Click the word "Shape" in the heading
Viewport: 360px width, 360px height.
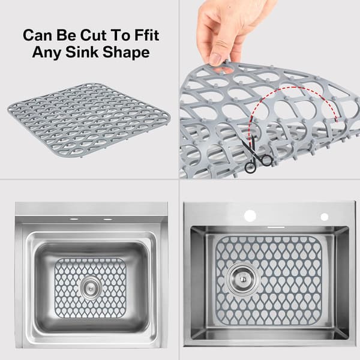[126, 52]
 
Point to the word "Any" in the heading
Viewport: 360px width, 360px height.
[47, 53]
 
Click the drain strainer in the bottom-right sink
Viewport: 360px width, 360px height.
[242, 279]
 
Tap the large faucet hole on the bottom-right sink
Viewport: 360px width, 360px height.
[250, 216]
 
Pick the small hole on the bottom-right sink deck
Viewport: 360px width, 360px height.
[324, 217]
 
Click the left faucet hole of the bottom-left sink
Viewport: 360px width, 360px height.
[73, 219]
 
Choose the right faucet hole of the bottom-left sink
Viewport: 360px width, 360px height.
[107, 219]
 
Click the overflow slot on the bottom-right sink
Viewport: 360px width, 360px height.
[276, 227]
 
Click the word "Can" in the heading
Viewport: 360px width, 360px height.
[38, 35]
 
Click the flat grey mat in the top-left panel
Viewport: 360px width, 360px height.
[89, 120]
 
